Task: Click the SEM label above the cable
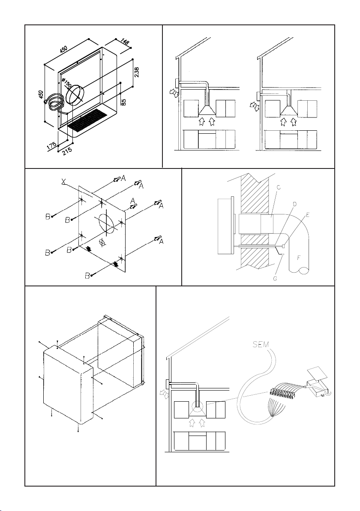click(261, 344)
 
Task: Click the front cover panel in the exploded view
click(67, 386)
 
